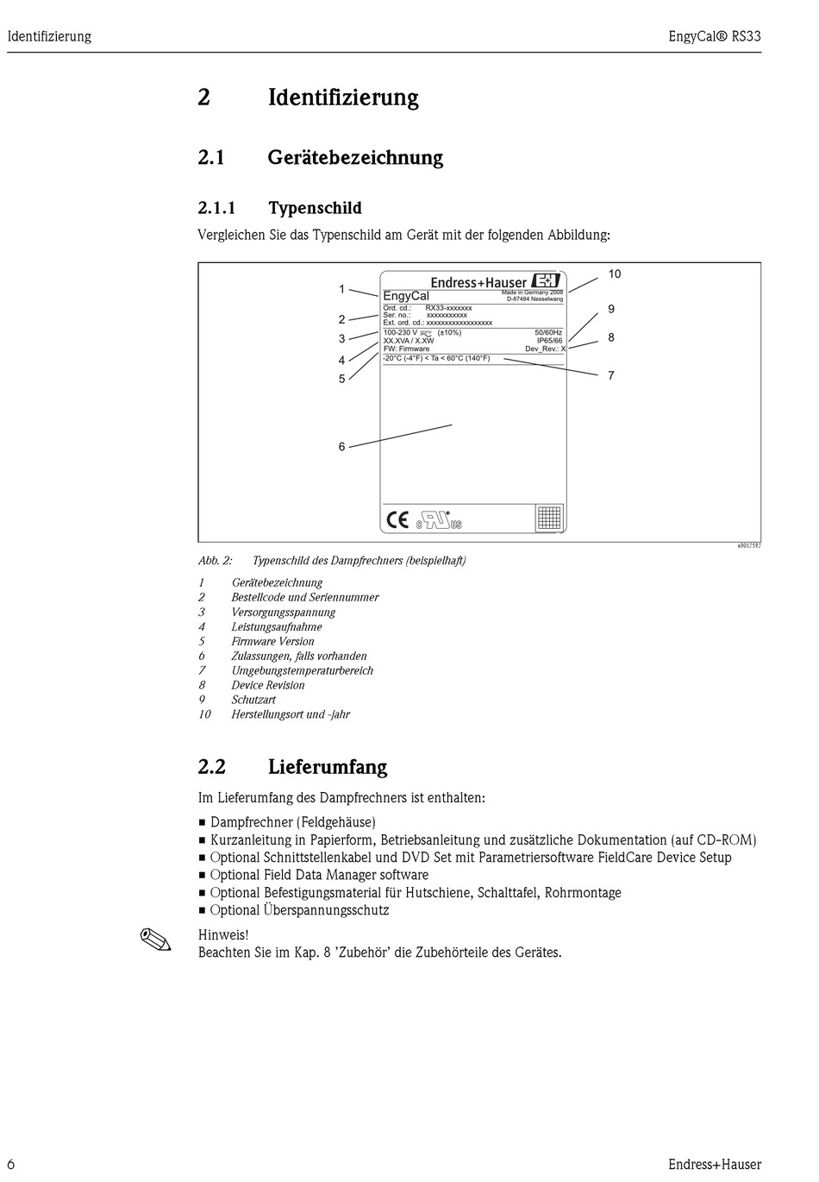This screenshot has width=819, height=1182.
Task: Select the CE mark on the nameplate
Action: click(x=397, y=519)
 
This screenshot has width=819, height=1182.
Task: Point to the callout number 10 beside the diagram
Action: click(x=614, y=274)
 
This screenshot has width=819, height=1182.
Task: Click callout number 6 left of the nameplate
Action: click(x=341, y=447)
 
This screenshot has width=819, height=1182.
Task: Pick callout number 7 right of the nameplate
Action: click(x=611, y=375)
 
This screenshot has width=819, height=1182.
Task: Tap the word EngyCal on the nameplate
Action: click(x=406, y=296)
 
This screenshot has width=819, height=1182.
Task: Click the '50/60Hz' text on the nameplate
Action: click(x=548, y=332)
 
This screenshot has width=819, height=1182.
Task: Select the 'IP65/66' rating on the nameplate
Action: click(x=549, y=341)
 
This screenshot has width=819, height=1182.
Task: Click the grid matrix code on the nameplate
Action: click(x=549, y=518)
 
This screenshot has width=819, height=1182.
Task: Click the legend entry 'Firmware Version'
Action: click(x=272, y=642)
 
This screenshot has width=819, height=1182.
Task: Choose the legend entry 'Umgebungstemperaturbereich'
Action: click(x=302, y=671)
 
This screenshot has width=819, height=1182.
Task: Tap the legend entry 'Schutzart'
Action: click(x=253, y=701)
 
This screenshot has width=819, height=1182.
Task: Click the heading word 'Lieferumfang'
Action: click(x=328, y=767)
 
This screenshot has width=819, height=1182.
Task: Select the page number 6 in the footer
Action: click(x=12, y=1165)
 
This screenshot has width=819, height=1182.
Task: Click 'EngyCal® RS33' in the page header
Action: click(x=715, y=36)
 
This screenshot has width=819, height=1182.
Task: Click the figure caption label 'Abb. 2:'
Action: click(x=216, y=561)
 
